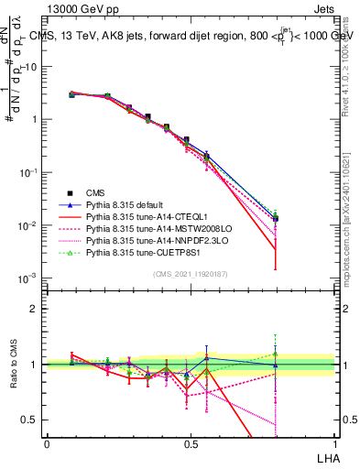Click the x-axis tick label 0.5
click(191, 444)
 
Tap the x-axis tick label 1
click(334, 444)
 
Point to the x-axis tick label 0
click(47, 444)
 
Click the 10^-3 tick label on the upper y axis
click(29, 278)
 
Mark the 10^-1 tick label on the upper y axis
click(29, 172)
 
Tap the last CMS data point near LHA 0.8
click(276, 219)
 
